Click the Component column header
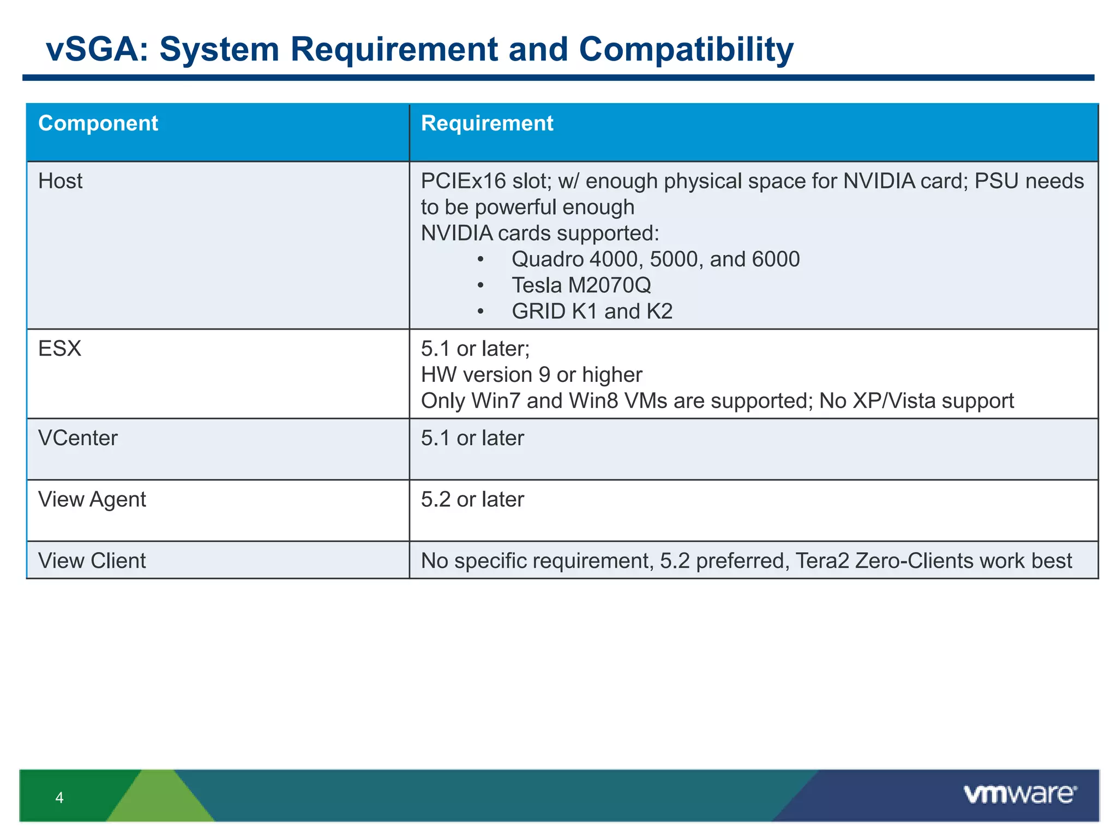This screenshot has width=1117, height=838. point(98,124)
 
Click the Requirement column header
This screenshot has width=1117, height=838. point(487,124)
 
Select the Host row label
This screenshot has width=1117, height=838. point(60,181)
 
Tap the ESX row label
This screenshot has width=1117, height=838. point(59,349)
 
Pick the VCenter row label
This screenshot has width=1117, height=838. point(77,438)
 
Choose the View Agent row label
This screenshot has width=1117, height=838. point(92,500)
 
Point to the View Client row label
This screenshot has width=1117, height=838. point(92,561)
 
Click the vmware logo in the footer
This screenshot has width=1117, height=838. point(1020,794)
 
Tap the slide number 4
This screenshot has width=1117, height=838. point(59,798)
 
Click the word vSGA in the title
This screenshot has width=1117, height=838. point(96,49)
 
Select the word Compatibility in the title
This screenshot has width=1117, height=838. point(686,49)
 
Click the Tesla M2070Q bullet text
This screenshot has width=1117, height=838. point(581,285)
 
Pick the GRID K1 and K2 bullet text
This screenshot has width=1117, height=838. point(592,312)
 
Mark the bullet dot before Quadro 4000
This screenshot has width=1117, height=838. point(480,260)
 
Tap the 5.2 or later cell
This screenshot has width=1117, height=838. point(472,500)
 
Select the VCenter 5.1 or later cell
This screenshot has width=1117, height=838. point(472,438)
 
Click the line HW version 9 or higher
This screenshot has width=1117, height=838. point(531,375)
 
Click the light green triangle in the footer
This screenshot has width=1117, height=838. point(160,799)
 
